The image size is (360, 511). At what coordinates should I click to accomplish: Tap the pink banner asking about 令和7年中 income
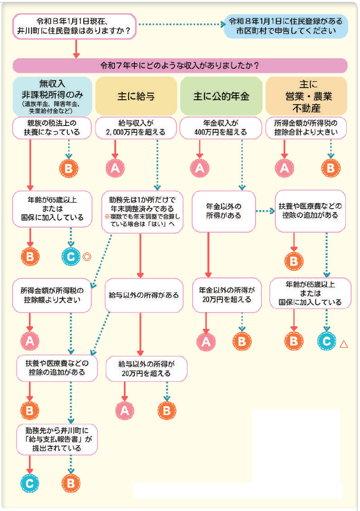pos(179,65)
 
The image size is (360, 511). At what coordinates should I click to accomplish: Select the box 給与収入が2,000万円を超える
pos(136,128)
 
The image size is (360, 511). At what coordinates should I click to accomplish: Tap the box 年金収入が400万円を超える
pos(221,128)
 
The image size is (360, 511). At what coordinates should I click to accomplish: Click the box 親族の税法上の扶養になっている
pos(52,128)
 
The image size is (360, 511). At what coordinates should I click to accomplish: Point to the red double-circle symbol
pos(87,257)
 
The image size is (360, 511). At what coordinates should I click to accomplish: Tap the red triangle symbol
pos(344,343)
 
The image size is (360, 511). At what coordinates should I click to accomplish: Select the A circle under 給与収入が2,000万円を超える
pos(115,168)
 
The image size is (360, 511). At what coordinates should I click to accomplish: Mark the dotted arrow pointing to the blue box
pos(182,24)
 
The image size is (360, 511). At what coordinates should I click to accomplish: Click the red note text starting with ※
pos(142,220)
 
